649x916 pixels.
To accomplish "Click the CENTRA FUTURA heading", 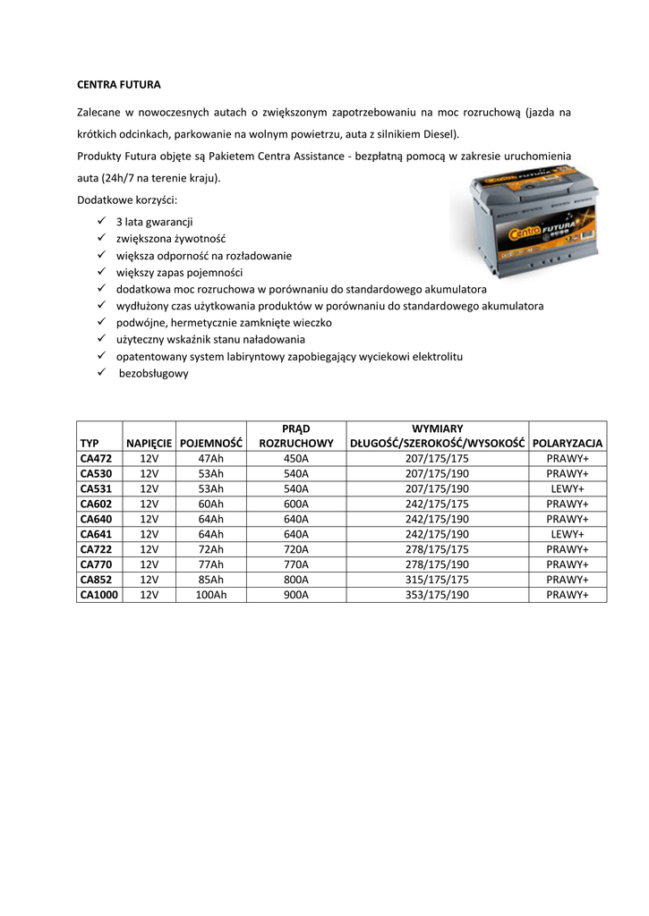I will (119, 86).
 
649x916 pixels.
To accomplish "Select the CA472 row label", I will (96, 458).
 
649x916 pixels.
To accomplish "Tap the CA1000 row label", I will (99, 594).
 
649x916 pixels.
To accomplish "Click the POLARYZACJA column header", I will (568, 443).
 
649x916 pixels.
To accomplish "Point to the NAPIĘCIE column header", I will (149, 443).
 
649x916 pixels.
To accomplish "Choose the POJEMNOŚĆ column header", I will (211, 443).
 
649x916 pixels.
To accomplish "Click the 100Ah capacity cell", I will (211, 594).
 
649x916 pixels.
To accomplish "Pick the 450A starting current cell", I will (295, 458).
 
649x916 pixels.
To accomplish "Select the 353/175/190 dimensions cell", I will (437, 594).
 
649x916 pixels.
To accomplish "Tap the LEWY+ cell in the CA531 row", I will (568, 488).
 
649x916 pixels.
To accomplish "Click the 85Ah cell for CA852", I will (211, 579).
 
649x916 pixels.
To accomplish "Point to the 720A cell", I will (295, 548).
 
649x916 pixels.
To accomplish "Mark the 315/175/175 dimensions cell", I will (437, 579).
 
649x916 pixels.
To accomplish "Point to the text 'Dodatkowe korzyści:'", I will (127, 199).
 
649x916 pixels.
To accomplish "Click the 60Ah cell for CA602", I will (211, 504).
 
